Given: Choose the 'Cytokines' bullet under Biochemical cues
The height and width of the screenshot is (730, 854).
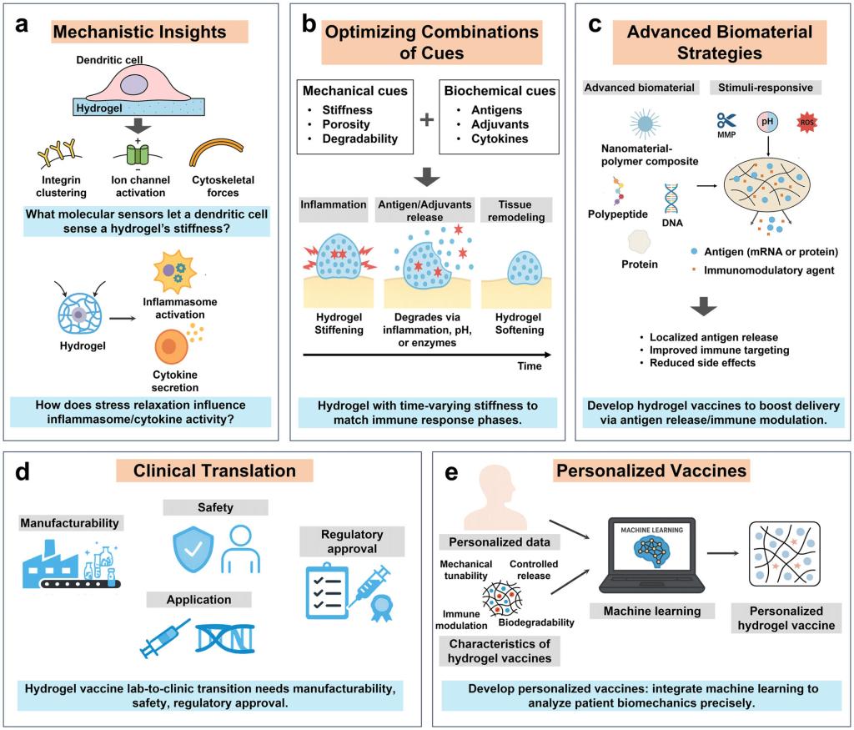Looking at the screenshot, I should click(499, 138).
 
